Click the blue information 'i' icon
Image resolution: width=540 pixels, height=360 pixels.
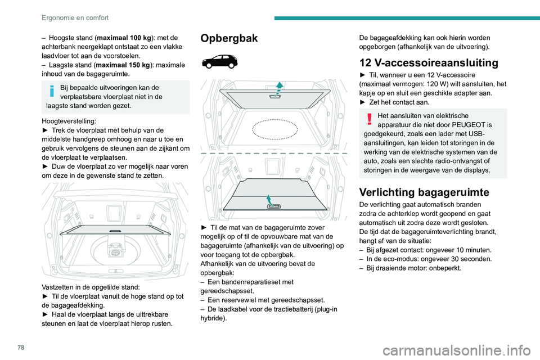click(x=51, y=91)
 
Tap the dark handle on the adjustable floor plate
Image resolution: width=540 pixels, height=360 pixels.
click(x=115, y=231)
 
